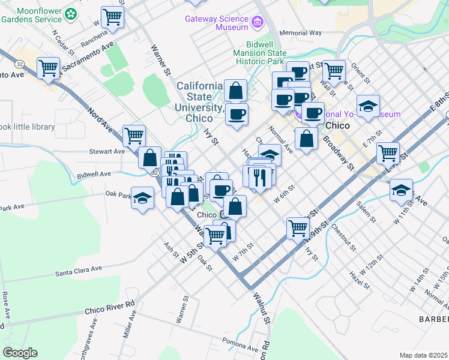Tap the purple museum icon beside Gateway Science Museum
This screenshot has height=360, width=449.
258,23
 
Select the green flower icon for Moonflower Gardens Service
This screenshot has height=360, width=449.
71,13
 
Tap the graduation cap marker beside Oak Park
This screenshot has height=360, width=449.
142,197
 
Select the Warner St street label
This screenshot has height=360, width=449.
160,59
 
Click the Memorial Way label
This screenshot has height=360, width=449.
301,33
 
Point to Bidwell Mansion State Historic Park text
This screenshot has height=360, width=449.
276,53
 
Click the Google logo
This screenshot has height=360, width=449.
20,353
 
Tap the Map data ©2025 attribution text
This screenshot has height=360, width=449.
423,355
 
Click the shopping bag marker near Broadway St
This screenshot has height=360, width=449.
306,139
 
